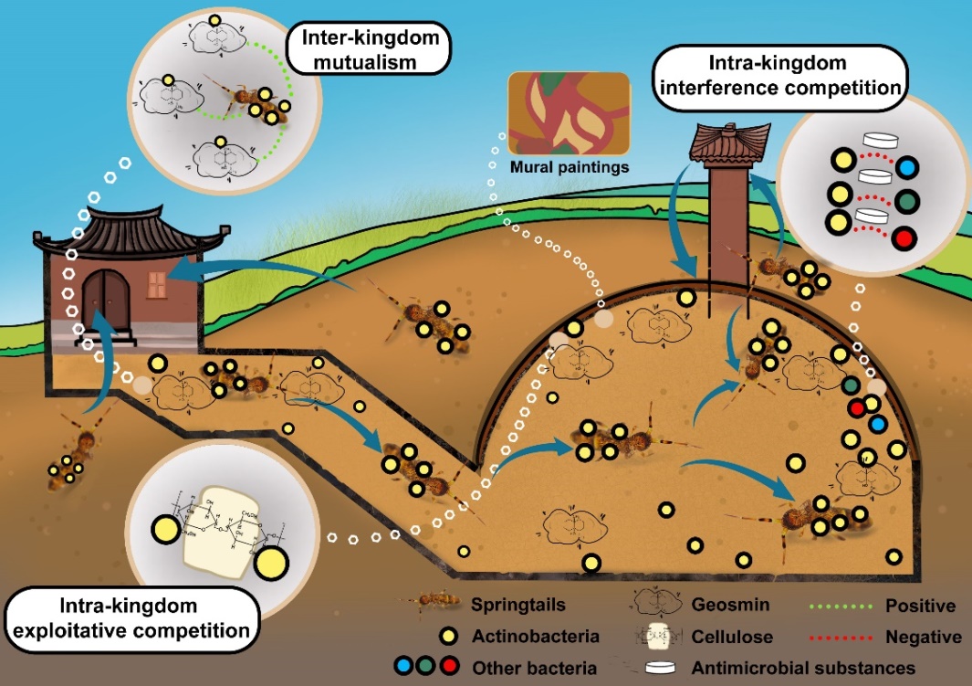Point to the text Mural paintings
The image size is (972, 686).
[x=570, y=168]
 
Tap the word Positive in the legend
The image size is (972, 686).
[x=921, y=606]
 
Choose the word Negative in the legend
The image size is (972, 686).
[x=924, y=636]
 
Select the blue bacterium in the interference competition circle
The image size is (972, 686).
[x=907, y=168]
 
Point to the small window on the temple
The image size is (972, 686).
[x=156, y=285]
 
